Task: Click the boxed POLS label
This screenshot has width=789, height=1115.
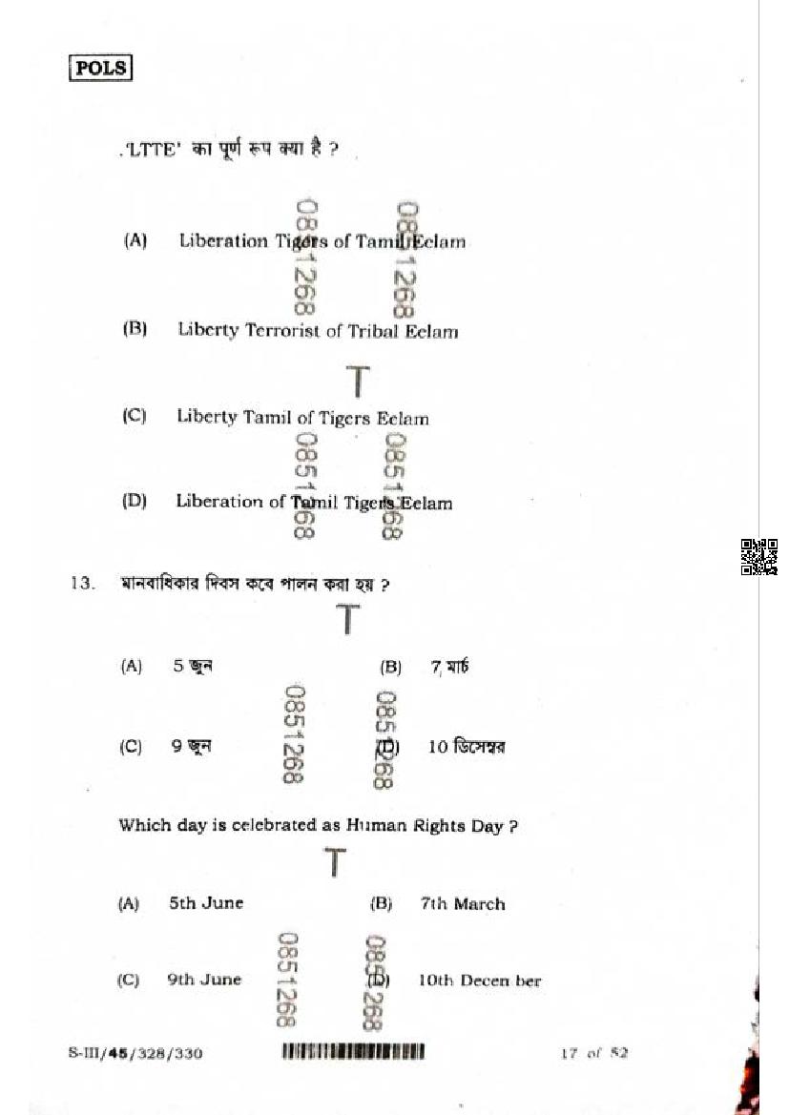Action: [100, 68]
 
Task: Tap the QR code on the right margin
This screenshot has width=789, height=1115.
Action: [758, 557]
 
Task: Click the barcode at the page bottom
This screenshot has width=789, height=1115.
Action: [353, 1053]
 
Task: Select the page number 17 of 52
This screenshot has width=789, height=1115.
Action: [593, 1053]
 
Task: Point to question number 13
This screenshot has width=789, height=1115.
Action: [82, 584]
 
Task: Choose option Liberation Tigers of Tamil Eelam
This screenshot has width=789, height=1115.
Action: [322, 241]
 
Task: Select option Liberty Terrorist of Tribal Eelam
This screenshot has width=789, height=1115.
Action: [317, 331]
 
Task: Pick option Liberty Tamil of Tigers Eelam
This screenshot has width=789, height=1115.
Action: [302, 418]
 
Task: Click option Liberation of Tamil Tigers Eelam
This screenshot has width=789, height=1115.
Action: [313, 502]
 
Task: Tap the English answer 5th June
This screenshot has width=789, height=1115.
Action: [205, 902]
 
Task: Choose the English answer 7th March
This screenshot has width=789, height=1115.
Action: [463, 903]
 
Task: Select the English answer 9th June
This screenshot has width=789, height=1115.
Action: [204, 979]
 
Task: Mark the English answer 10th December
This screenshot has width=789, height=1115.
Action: [479, 980]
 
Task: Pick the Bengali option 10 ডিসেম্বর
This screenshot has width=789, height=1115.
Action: [466, 747]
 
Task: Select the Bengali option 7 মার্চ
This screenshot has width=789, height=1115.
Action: [449, 667]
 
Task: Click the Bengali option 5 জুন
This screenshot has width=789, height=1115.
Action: [192, 667]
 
